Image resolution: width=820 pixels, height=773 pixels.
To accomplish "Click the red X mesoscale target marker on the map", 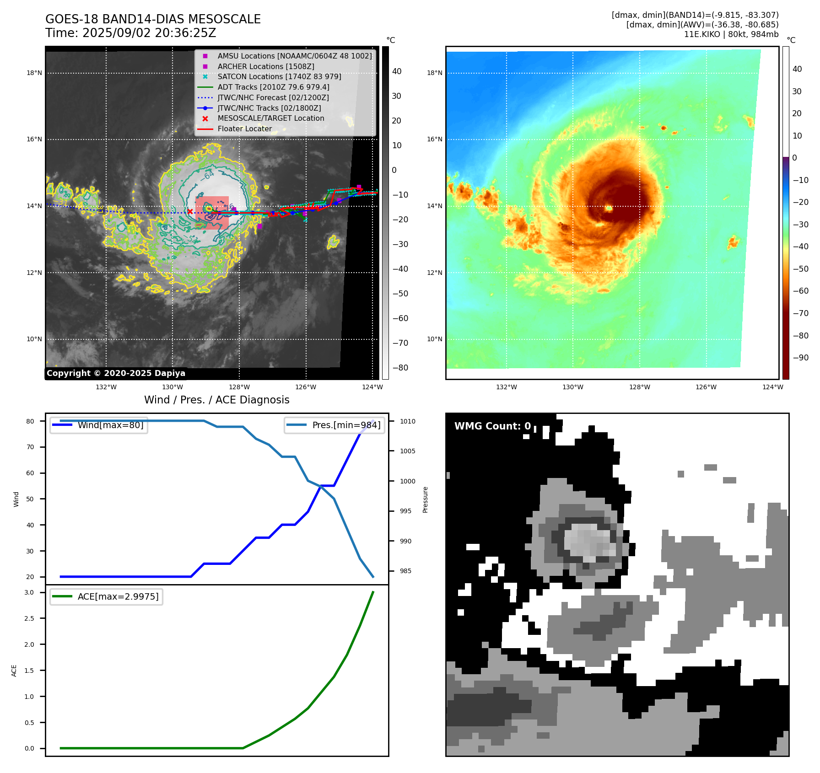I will click(x=190, y=211).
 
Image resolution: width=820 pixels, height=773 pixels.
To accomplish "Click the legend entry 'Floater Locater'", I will click(x=244, y=129).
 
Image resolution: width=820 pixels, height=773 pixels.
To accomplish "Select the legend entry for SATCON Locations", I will click(x=279, y=77).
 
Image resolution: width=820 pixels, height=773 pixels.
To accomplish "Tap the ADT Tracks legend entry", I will click(x=273, y=87).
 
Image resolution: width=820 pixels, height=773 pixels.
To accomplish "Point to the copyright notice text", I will click(x=116, y=373).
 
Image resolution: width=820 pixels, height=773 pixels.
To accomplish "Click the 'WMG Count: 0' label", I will click(x=492, y=426).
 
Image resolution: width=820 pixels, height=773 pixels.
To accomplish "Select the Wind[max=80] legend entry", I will click(x=110, y=425).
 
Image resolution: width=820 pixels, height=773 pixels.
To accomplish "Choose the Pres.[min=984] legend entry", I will click(x=346, y=425).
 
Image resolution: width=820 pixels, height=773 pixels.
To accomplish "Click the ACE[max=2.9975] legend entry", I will click(x=118, y=597).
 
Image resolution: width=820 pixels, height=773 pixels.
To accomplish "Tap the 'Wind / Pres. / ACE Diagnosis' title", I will click(x=216, y=400).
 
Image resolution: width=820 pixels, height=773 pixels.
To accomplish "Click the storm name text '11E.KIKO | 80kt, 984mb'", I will click(x=731, y=34).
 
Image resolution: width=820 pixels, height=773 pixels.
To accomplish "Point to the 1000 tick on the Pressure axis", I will click(x=407, y=481).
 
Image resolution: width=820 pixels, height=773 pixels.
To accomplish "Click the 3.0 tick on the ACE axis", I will click(x=29, y=593).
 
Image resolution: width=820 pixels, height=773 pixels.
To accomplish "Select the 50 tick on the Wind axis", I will click(x=30, y=499).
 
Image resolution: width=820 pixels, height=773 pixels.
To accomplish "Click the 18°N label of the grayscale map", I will click(x=34, y=73).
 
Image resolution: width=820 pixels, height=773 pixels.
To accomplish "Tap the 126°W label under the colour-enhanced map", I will click(x=706, y=387).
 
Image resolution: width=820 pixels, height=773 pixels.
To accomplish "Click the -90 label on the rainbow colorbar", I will click(x=800, y=358).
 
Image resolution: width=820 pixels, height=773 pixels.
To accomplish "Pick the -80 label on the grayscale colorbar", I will click(x=400, y=368).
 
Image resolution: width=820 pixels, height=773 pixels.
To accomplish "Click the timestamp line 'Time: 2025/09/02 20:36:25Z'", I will click(x=130, y=33).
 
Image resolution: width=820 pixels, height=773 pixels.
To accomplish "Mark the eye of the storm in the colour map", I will click(x=609, y=209).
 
